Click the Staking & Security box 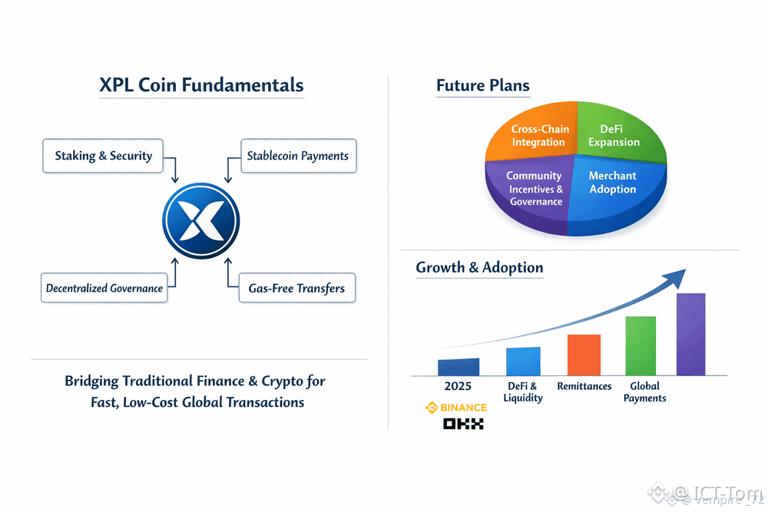point(103,156)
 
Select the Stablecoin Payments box point(297,156)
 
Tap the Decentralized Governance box point(104,289)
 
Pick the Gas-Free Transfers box point(296,289)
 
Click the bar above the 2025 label point(458,367)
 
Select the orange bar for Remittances point(584,355)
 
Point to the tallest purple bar point(690,334)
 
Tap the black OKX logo point(463,424)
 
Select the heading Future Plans point(482,85)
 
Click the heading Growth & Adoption point(479,267)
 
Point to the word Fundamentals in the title point(245,85)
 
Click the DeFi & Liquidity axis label point(522,391)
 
